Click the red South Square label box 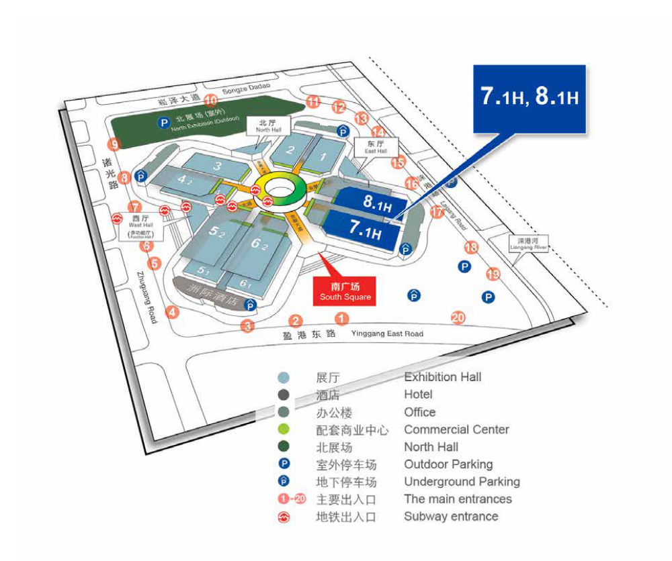click(345, 291)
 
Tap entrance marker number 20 click(459, 317)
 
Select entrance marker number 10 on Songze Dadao click(211, 101)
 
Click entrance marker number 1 click(342, 319)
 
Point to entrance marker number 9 click(114, 144)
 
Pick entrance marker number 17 click(437, 213)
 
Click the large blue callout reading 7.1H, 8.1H click(529, 98)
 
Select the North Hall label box click(268, 125)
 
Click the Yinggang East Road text click(387, 334)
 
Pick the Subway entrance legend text click(451, 517)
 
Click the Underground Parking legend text click(462, 482)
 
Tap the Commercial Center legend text click(456, 429)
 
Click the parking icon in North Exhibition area click(162, 122)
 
